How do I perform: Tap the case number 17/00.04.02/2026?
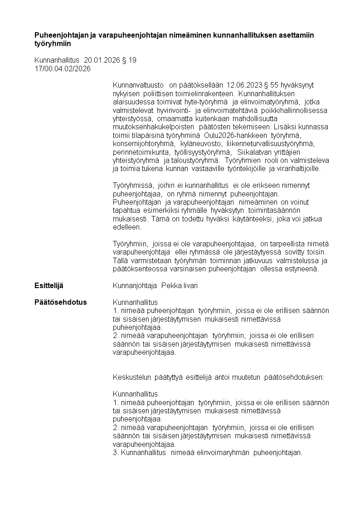coord(63,69)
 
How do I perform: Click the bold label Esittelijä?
coord(49,286)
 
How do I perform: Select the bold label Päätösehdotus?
coord(60,302)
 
